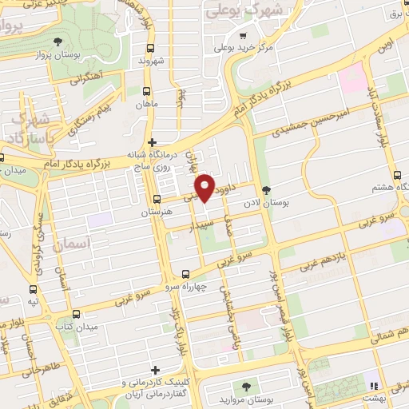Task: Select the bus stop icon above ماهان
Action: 146,92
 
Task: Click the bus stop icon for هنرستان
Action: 156,200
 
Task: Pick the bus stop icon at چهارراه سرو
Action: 186,272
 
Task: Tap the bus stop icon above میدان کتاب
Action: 76,314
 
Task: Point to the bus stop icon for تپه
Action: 33,289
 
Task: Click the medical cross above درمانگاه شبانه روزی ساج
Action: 152,142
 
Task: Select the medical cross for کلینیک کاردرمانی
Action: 155,371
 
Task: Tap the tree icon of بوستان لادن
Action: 267,189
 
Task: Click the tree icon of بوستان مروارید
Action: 246,387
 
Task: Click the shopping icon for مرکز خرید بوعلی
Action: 242,34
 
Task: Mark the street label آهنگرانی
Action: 83,78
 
